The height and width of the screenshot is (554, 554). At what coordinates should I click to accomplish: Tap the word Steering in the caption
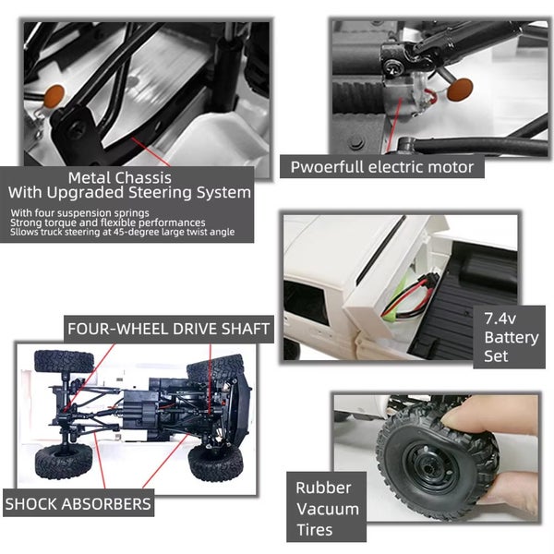coord(169,193)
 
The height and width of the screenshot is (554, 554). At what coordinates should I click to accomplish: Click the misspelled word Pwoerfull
coord(326,167)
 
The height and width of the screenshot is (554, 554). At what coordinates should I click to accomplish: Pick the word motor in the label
coord(452,167)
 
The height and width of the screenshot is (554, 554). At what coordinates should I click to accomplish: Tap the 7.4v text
coord(501,319)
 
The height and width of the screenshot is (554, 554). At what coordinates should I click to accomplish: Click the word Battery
coord(511,337)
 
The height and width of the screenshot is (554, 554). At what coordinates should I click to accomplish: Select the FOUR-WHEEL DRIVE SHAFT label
coord(168,329)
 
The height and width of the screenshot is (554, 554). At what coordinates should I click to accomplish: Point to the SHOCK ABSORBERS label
coord(78,504)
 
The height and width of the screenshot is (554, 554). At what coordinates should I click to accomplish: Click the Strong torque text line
coord(107,223)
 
